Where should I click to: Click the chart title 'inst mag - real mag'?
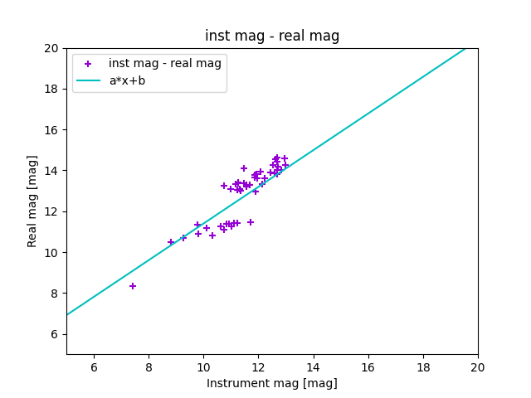coord(272,36)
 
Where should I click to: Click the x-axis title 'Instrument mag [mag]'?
coord(272,383)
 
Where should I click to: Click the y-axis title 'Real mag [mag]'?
coord(33,201)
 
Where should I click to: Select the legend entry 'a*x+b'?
coord(127,80)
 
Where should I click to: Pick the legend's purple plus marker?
coord(88,64)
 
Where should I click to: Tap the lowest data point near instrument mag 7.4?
coord(133,286)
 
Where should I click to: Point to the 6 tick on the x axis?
coord(94,367)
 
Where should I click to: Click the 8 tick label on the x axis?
coord(149,367)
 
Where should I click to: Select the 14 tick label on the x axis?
coord(313,367)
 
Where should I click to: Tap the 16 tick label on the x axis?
coord(368,367)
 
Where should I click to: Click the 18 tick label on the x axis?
coord(423,367)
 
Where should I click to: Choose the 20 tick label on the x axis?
coord(478,367)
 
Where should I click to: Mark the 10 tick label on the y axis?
coord(51,253)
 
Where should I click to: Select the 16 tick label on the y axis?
coord(51,130)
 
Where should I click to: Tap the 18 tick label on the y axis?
coord(51,89)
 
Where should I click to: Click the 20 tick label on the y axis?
coord(51,48)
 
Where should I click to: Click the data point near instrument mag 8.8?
coord(171,242)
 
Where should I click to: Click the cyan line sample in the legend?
coord(88,80)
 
